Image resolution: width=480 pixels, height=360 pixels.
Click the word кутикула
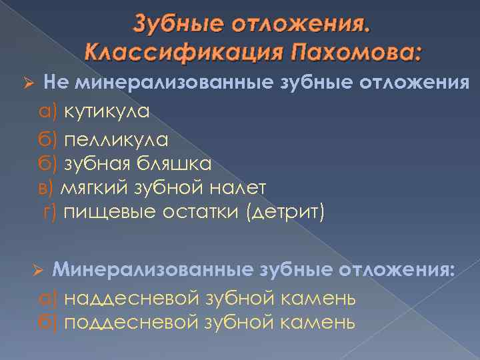point(107,111)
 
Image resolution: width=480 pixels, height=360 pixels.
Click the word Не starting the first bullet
point(55,83)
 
